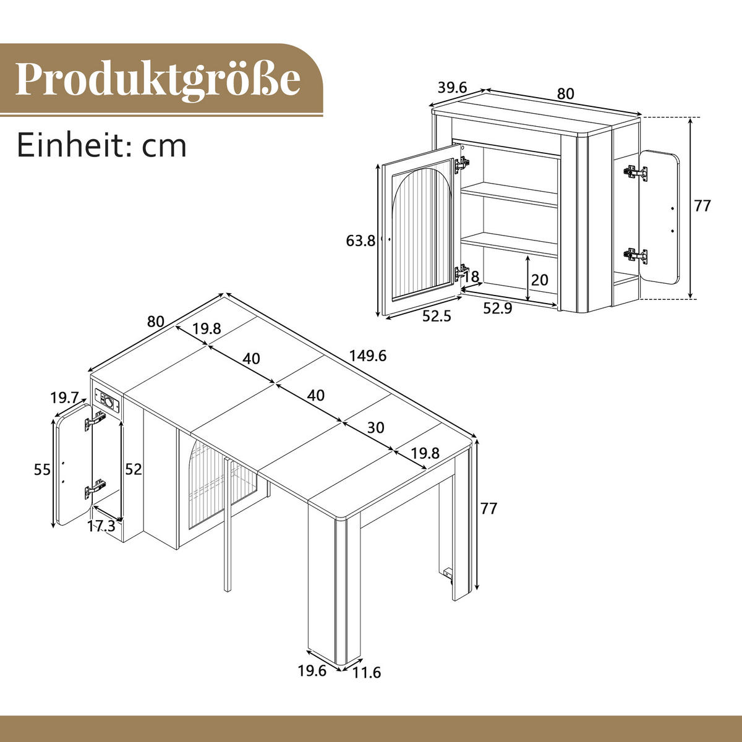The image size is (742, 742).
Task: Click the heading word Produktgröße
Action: point(158,79)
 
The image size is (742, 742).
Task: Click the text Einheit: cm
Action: point(101,145)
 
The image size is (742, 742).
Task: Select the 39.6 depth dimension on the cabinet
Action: point(451,88)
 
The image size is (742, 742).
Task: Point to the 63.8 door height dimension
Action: point(360,241)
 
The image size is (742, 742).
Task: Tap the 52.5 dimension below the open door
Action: point(437,316)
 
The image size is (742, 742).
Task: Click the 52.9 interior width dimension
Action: point(497,308)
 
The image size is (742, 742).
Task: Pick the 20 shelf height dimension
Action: point(539,280)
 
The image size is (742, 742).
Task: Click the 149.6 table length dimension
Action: point(367,356)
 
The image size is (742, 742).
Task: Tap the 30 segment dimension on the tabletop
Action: point(375,427)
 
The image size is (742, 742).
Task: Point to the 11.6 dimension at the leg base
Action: point(367,672)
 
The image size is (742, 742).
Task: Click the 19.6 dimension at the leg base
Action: point(312,670)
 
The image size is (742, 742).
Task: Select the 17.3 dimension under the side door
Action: point(101,526)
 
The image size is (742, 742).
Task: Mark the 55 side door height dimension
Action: point(42,470)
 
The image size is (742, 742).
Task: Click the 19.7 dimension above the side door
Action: point(66,396)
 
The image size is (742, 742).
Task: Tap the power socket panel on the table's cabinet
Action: point(108,401)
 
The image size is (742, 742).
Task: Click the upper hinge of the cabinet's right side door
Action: point(635,172)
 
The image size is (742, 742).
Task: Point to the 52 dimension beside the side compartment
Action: point(133,469)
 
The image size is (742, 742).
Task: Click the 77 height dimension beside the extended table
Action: point(488,508)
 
